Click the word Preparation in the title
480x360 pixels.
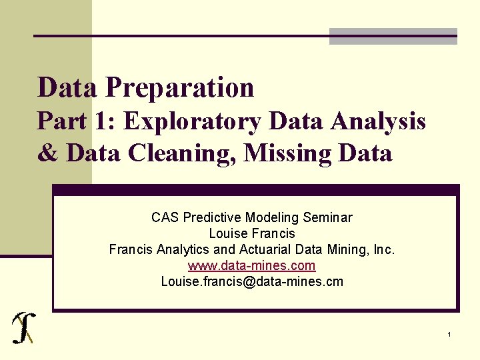179,87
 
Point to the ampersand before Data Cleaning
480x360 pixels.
47,153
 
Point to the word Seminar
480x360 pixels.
327,217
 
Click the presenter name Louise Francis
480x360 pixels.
252,233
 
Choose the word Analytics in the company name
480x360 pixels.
181,249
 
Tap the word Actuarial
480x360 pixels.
273,249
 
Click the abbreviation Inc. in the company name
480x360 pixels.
385,249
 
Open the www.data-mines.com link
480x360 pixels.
252,265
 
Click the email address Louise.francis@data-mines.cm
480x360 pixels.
252,281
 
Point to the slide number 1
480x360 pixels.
450,334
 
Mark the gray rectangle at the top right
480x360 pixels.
393,36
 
